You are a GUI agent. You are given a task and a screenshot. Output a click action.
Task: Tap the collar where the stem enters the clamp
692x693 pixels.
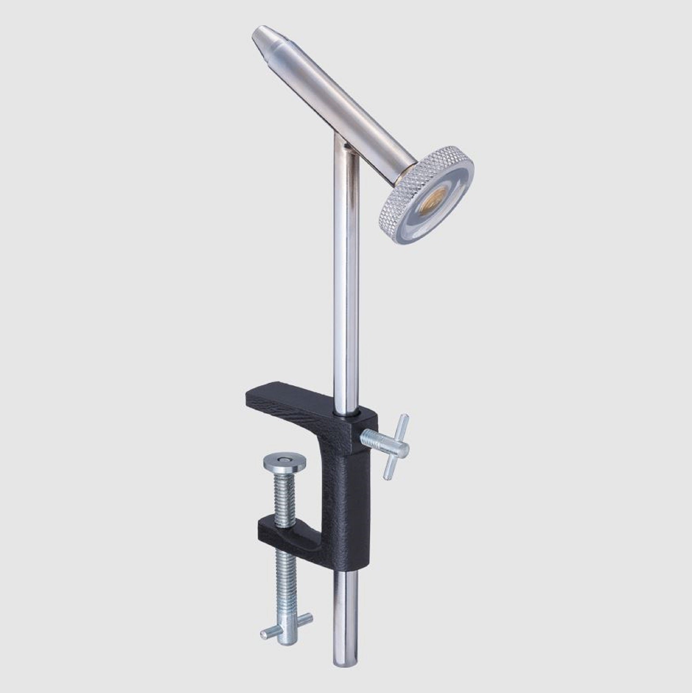point(347,415)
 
